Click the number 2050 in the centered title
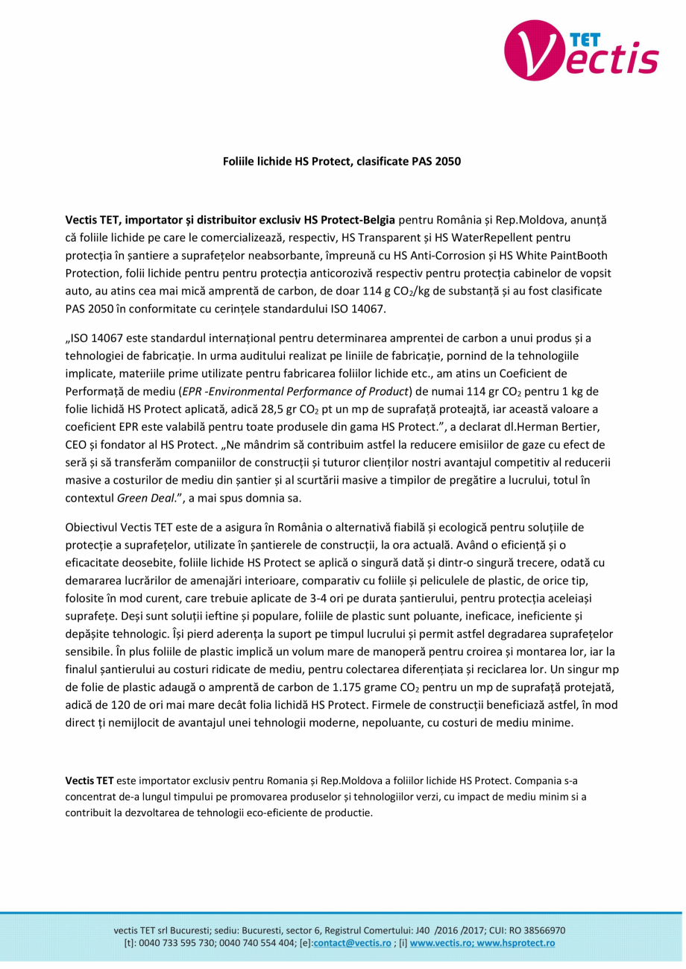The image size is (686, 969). (446, 161)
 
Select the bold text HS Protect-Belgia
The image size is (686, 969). (344, 221)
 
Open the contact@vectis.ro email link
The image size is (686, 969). (352, 943)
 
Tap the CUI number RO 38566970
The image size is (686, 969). (535, 930)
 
